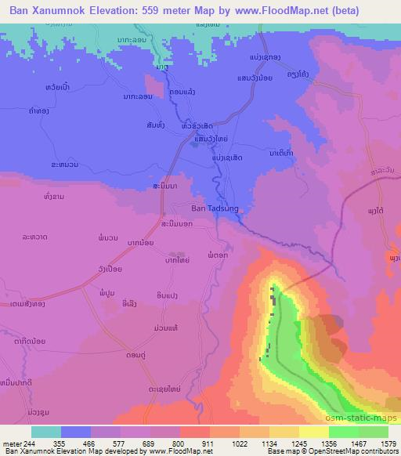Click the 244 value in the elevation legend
point(33,444)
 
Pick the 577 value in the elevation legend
point(120,444)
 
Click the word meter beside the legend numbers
point(13,444)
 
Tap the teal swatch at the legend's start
point(45,432)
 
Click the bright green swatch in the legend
point(343,432)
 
